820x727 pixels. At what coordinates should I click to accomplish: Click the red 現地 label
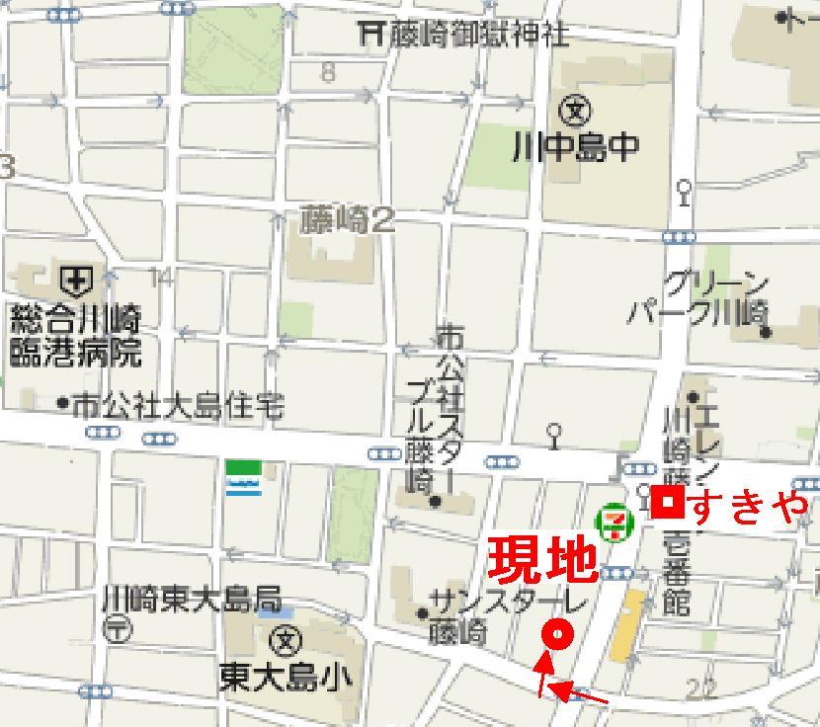pos(541,558)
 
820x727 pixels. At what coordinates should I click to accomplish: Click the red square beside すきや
pos(668,504)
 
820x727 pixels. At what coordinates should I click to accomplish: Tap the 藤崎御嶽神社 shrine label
pos(477,35)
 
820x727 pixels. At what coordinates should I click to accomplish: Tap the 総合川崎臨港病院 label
pos(76,335)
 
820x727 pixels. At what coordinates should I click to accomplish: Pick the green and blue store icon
pos(243,477)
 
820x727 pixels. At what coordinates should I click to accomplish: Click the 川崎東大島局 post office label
pos(192,599)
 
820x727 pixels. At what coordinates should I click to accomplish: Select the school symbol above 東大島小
pos(287,640)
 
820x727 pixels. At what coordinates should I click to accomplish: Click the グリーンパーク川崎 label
pos(701,299)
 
